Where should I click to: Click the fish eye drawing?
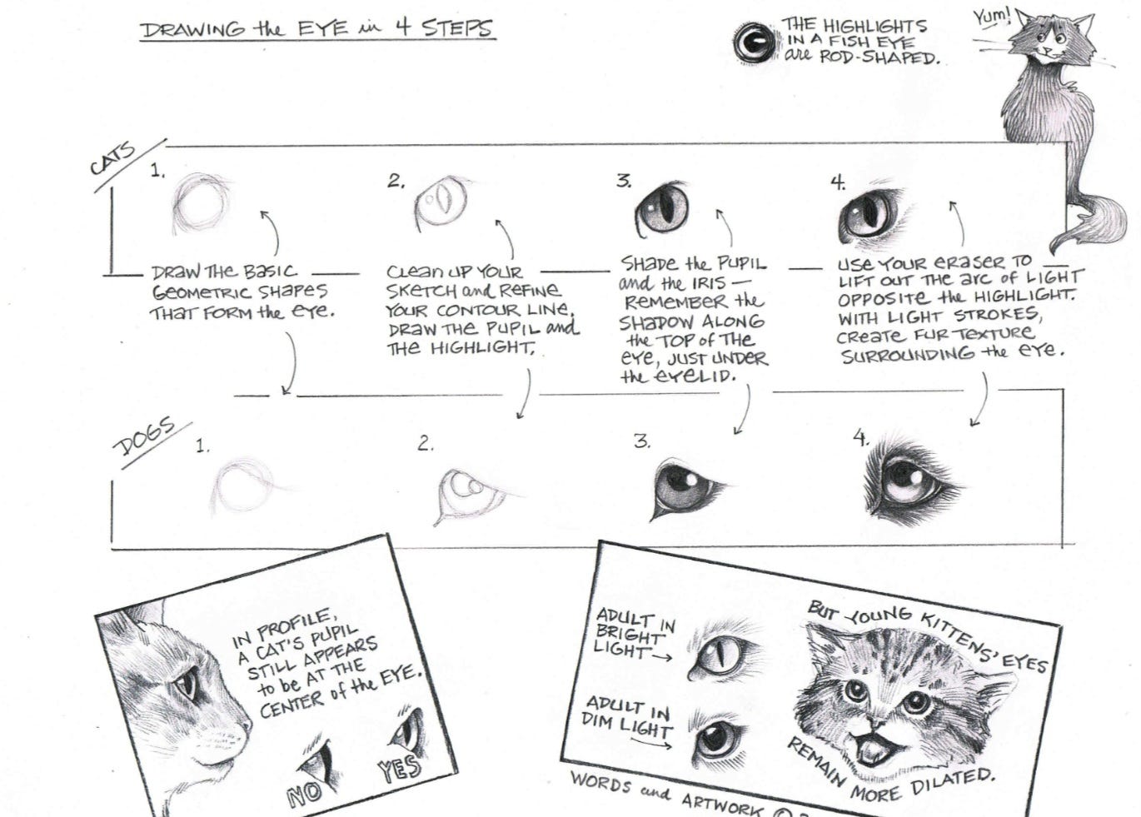click(x=754, y=42)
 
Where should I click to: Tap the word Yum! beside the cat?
click(x=991, y=16)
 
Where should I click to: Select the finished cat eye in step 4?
click(x=872, y=215)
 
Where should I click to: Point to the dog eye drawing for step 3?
click(x=685, y=489)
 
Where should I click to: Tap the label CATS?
click(x=112, y=159)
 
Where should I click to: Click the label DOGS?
click(x=144, y=437)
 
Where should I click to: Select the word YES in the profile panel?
click(x=400, y=768)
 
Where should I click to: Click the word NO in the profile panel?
click(x=305, y=794)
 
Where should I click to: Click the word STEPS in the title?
click(x=456, y=28)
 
